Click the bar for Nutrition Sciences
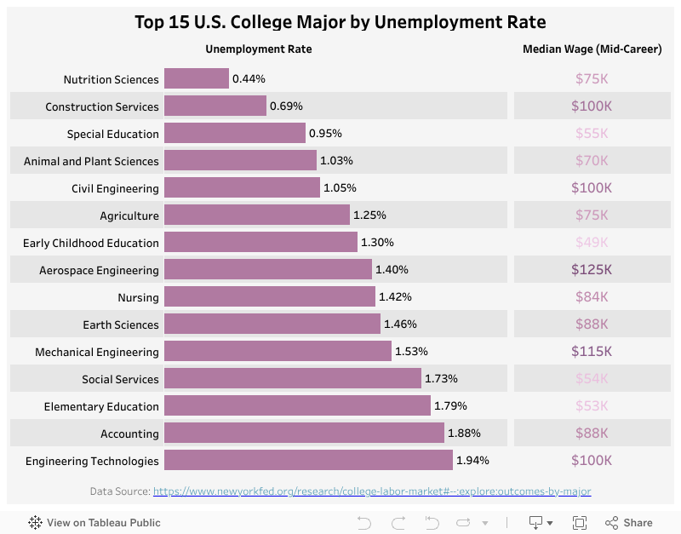[197, 78]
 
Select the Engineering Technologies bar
[308, 460]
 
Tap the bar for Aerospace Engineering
[268, 269]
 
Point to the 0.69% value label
[286, 106]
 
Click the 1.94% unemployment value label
[472, 461]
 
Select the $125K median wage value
[592, 270]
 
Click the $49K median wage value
[592, 243]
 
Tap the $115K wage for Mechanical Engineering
[592, 352]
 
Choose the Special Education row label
[113, 134]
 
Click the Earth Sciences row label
[121, 324]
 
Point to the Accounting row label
[129, 434]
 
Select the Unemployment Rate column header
[259, 49]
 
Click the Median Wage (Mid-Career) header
[592, 49]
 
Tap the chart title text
[340, 22]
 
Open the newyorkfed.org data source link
[372, 491]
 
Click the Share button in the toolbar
[629, 523]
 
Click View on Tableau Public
[94, 523]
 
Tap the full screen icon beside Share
[580, 523]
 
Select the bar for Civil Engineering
[242, 187]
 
